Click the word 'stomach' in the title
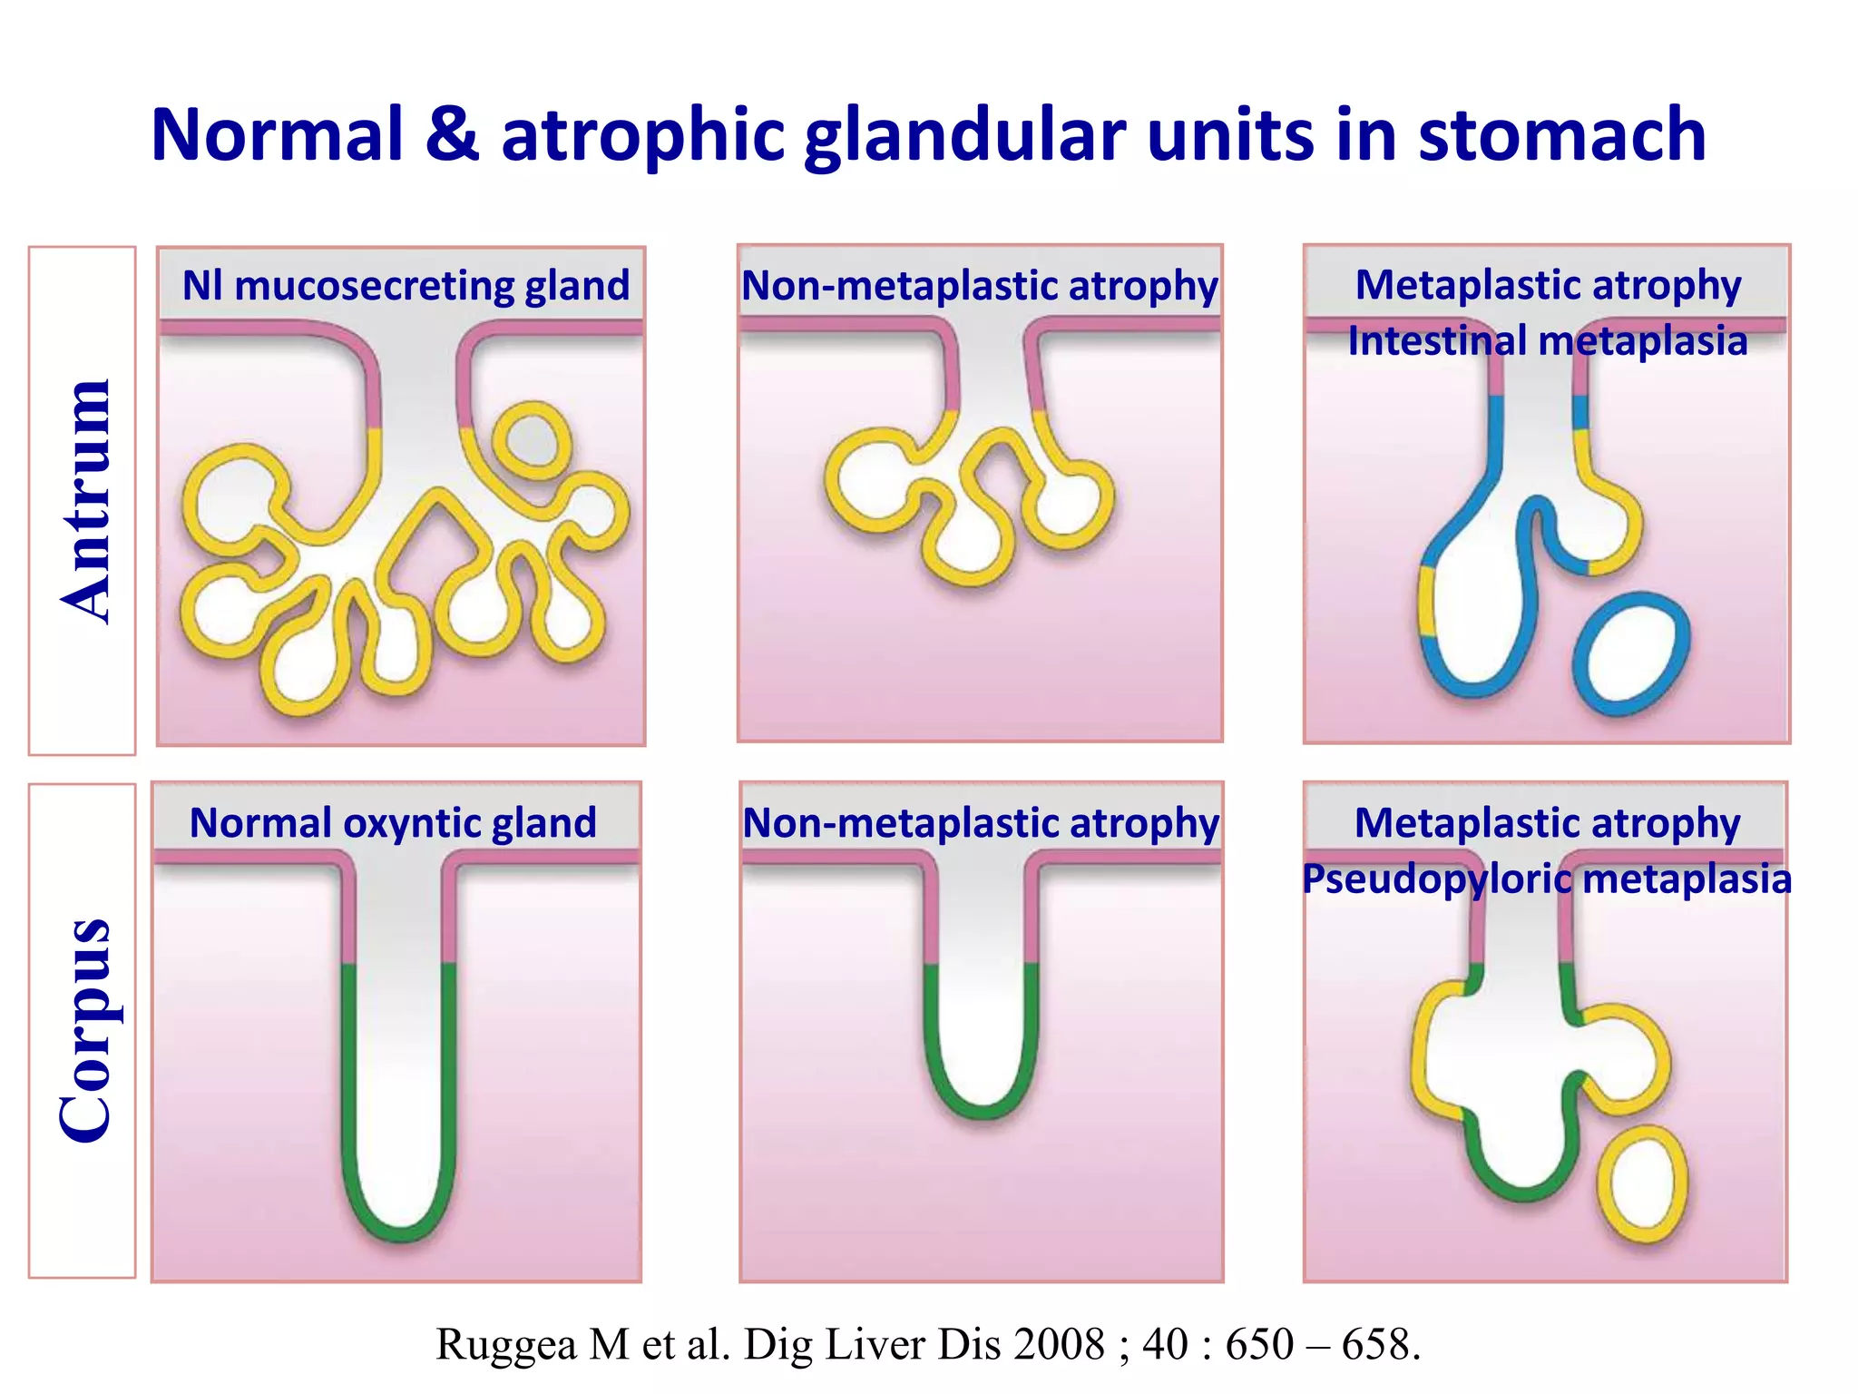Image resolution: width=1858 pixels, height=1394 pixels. (1561, 136)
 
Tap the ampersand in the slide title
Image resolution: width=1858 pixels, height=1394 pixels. (451, 136)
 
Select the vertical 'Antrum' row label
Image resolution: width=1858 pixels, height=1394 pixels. (85, 501)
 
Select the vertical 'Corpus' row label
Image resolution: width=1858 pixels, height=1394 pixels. (85, 1030)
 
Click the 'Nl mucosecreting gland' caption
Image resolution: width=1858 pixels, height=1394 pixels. (406, 286)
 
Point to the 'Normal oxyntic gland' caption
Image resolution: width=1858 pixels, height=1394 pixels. (393, 823)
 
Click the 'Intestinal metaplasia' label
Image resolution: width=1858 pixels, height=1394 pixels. (1547, 341)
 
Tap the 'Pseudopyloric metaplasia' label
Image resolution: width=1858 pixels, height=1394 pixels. (1546, 879)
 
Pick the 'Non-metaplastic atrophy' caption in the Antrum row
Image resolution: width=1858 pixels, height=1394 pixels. (980, 286)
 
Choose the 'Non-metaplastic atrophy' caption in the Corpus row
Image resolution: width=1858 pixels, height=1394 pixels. (981, 823)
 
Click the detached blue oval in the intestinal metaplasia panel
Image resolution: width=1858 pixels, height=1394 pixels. (1631, 653)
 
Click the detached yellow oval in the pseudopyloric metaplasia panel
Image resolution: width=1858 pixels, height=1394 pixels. (1642, 1183)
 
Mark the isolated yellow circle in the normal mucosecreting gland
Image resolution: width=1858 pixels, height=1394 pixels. (532, 441)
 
